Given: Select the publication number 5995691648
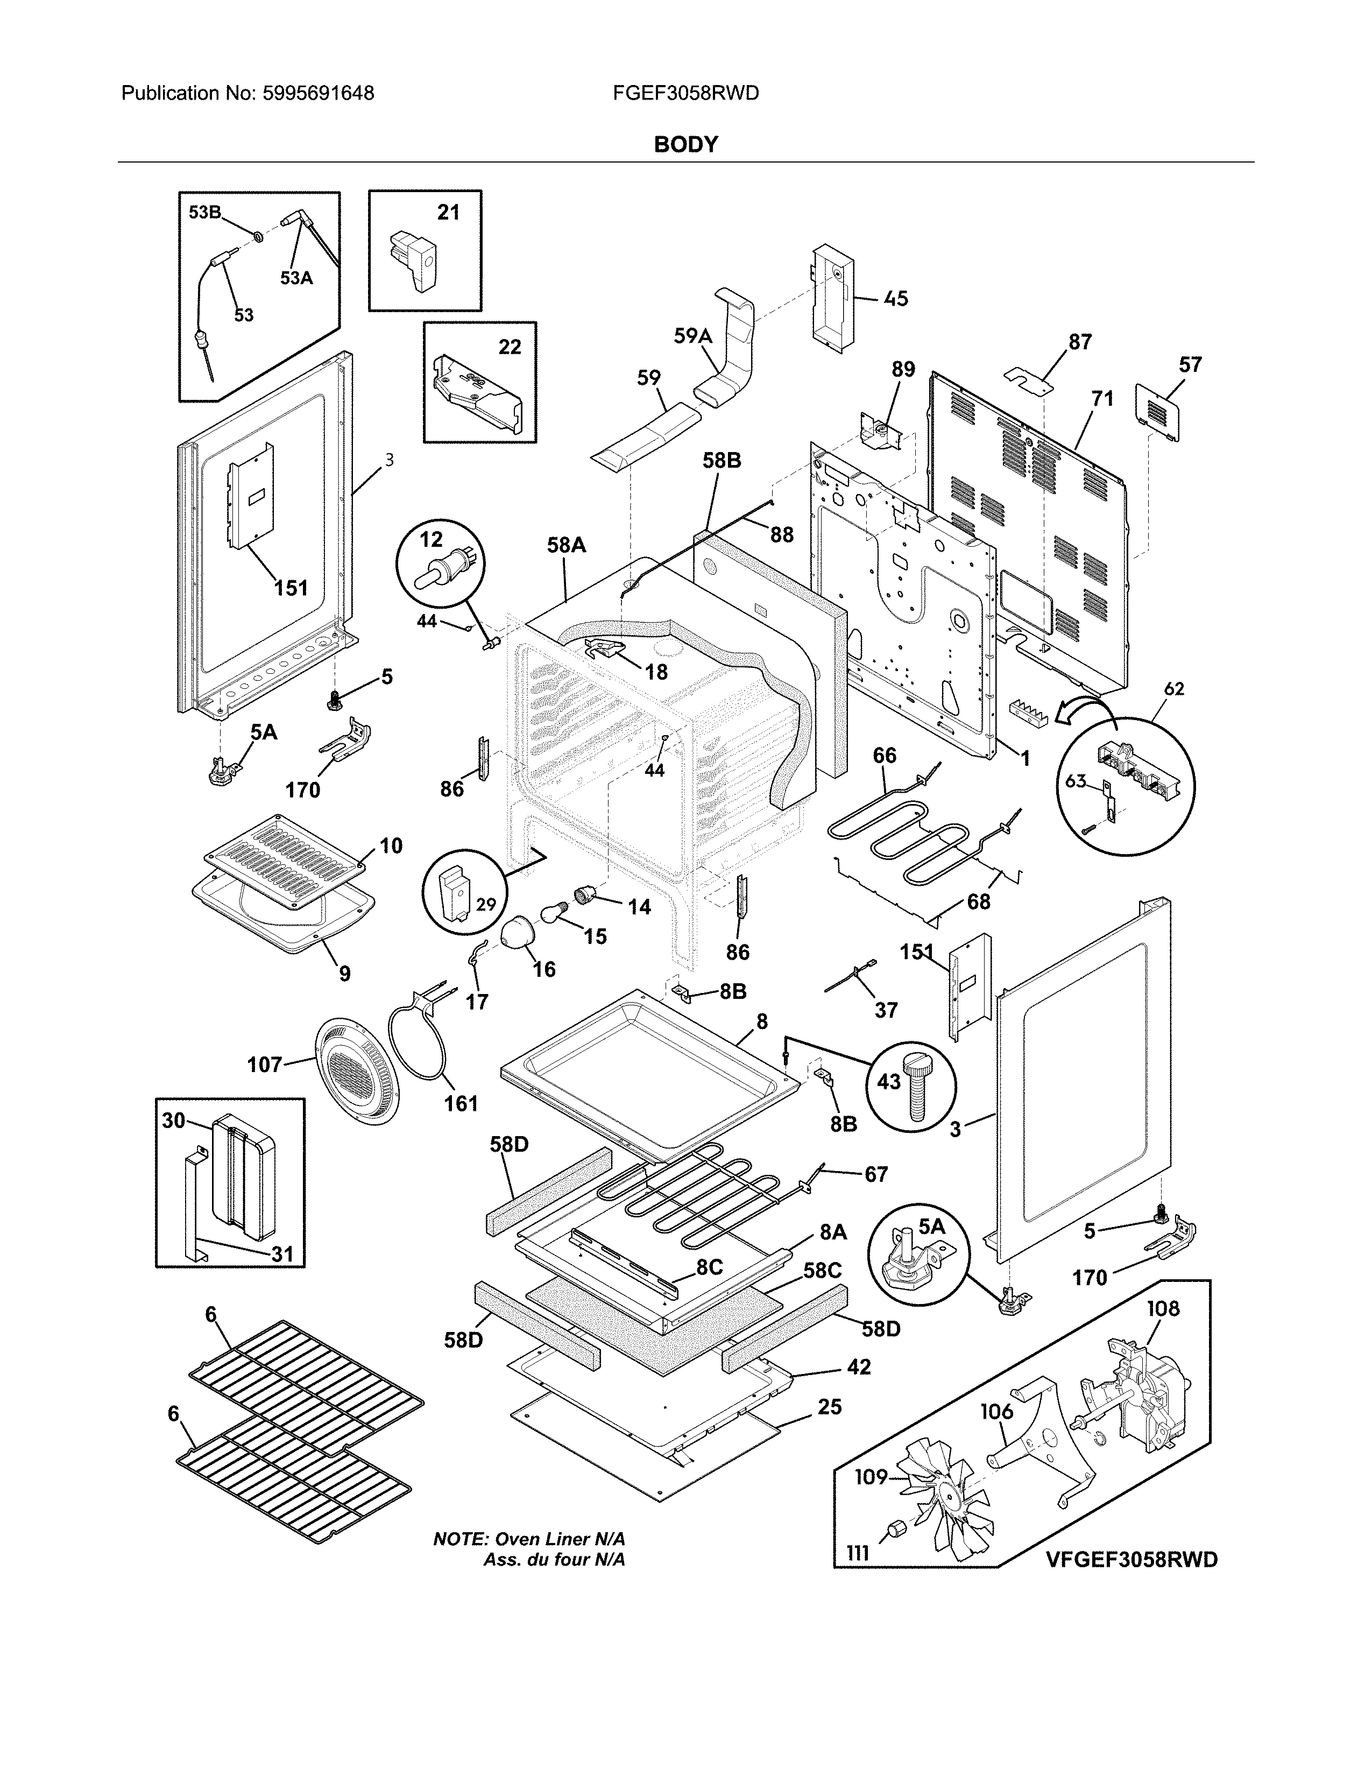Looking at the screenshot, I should (x=318, y=94).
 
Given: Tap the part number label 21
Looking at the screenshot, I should (x=448, y=213).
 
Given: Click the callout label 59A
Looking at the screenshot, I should (x=692, y=336).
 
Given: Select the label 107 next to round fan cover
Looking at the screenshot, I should (x=264, y=1065).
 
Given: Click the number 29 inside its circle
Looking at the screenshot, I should (x=486, y=904).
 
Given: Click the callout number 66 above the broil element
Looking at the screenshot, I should (x=885, y=756).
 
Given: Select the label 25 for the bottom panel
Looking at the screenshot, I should (x=829, y=1407).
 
